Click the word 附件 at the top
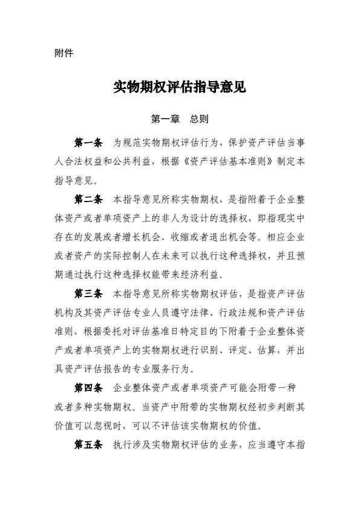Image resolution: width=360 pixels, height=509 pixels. click(x=64, y=53)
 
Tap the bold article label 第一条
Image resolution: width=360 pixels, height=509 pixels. click(x=88, y=143)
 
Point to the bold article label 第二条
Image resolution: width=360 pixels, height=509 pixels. click(x=88, y=199)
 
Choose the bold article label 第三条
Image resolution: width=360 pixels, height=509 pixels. click(x=88, y=294)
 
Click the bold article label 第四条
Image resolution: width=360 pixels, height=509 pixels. click(x=88, y=387)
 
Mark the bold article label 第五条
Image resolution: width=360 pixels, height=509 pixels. click(x=88, y=445)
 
